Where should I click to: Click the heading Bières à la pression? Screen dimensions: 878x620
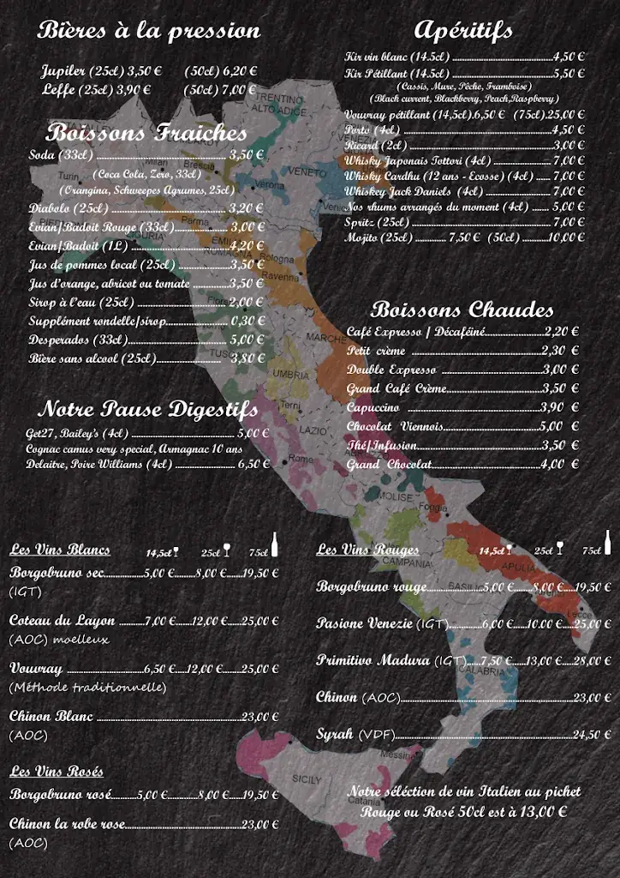[149, 31]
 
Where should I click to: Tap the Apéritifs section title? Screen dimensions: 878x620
[462, 30]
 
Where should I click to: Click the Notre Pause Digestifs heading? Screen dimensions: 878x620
[147, 408]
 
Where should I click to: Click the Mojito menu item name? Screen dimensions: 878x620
[361, 238]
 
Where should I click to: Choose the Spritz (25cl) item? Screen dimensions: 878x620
[377, 222]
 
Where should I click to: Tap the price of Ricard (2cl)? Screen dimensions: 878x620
[569, 145]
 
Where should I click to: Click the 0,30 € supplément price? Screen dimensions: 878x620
[247, 321]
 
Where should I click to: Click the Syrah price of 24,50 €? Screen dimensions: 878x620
[592, 734]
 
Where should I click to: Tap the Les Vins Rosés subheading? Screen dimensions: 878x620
[57, 772]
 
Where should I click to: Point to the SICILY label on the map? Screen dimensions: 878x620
[307, 779]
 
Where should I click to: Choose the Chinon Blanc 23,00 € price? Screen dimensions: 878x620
[261, 717]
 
